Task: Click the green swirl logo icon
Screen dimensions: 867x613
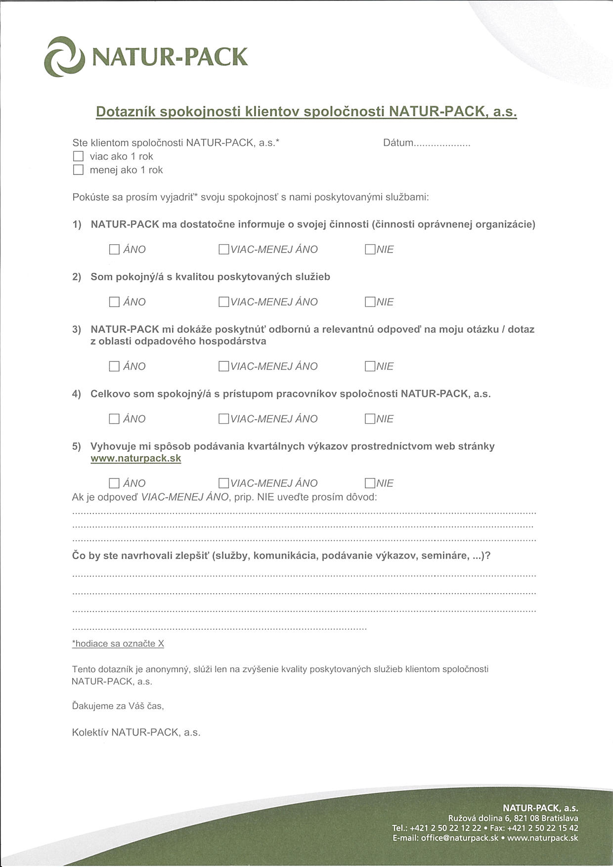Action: (65, 57)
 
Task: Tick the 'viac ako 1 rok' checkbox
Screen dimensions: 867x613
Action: (78, 157)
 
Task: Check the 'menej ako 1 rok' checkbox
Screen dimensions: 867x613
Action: (78, 170)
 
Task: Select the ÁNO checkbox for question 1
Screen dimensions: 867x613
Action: (114, 250)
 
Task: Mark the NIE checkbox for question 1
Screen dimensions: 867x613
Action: (370, 250)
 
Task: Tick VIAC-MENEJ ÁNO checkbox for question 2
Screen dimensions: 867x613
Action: (223, 302)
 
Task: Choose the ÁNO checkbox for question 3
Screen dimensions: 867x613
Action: (114, 366)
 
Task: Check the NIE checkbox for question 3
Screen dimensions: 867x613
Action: (370, 366)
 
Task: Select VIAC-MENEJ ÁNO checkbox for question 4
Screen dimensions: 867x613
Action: (223, 419)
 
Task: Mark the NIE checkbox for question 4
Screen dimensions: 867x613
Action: (370, 419)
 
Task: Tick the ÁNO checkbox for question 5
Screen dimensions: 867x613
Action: (114, 483)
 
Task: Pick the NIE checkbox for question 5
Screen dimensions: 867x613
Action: (370, 483)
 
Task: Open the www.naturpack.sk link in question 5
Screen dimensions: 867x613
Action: (136, 459)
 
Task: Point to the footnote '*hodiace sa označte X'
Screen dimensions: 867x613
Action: (118, 644)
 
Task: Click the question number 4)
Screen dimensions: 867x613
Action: (77, 394)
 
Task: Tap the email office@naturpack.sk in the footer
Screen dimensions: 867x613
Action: (459, 838)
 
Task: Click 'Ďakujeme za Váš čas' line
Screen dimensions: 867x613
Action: (118, 706)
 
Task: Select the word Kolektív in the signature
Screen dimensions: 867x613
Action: (89, 733)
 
